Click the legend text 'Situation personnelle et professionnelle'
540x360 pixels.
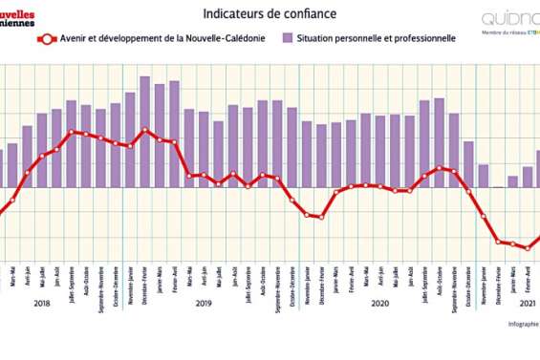376,38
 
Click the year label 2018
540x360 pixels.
42,304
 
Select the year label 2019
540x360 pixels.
204,304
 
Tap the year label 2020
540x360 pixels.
379,304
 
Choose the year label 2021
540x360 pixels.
527,304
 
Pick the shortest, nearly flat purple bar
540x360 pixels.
498,186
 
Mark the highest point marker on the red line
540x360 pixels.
144,130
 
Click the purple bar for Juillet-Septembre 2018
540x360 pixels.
72,143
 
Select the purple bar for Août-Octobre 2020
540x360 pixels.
439,142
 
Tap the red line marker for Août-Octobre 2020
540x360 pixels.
439,168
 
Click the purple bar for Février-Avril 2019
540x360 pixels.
174,134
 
